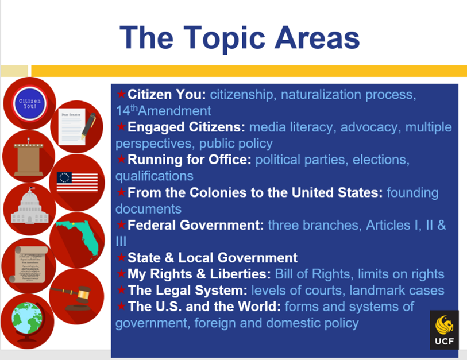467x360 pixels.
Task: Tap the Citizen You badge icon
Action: click(29, 104)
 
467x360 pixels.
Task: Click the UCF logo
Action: click(444, 330)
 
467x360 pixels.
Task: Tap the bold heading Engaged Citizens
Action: click(186, 127)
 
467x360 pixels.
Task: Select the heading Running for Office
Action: click(189, 160)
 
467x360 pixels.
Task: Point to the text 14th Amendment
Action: click(163, 111)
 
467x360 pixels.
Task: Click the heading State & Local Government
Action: click(212, 258)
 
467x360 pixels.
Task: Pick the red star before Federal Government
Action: click(121, 225)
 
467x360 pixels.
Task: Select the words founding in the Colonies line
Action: click(412, 192)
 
